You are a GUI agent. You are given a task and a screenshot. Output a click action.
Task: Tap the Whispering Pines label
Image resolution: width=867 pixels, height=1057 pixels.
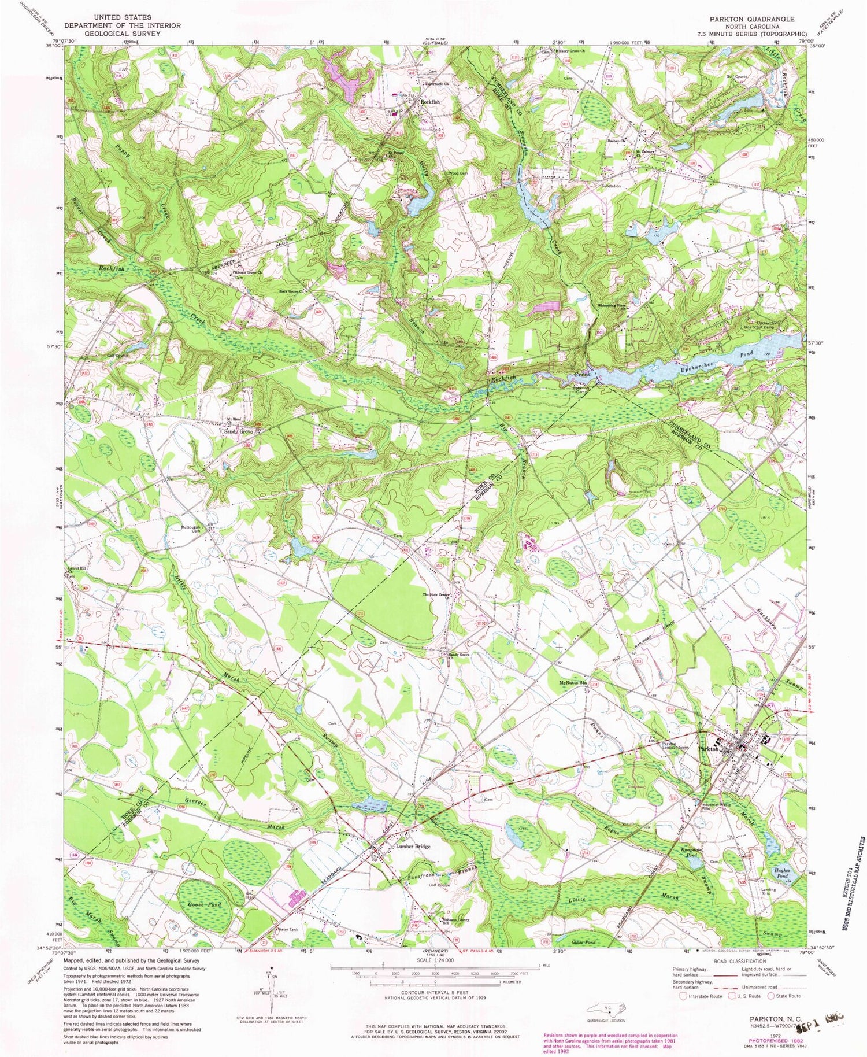pos(612,297)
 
